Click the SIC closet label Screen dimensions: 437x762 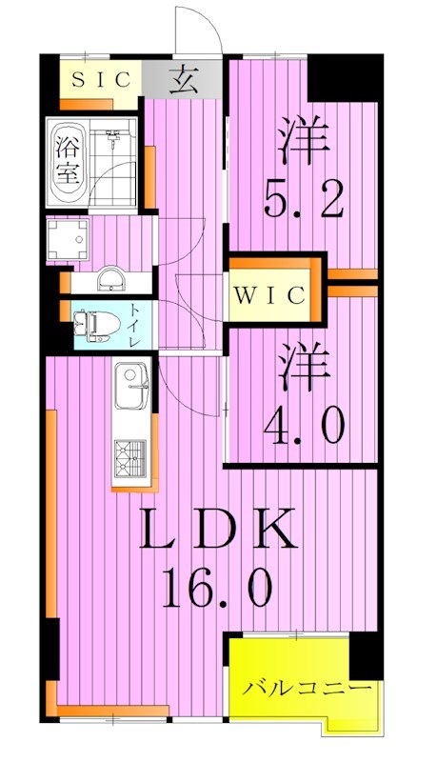101,80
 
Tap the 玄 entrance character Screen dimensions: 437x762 184,80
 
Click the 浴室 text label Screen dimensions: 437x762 67,160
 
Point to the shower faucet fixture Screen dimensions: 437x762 113,138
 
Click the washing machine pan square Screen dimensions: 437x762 68,239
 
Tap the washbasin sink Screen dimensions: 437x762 109,279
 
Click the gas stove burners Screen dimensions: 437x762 130,459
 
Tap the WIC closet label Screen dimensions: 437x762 269,295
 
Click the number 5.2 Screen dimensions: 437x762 305,198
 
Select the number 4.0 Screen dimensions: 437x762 305,424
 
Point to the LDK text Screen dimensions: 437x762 218,530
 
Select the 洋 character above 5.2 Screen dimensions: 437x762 303,139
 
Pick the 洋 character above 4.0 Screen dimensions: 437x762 304,367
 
